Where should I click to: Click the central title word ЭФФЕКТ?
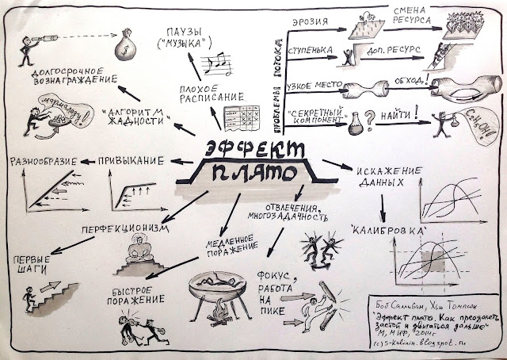[253, 148]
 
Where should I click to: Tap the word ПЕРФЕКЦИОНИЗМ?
[121, 229]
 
